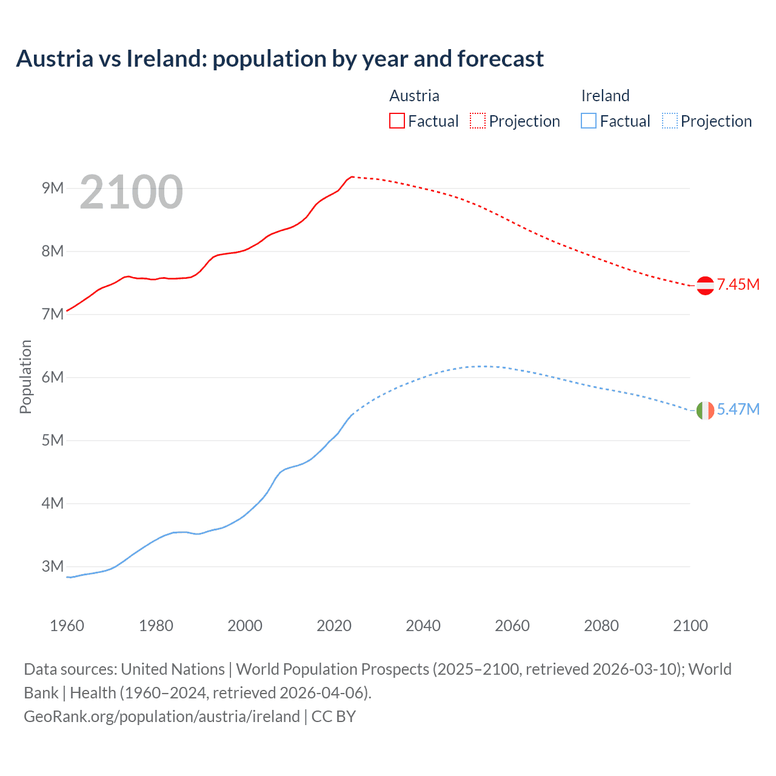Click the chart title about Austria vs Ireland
(x=279, y=59)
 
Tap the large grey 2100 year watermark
(x=131, y=192)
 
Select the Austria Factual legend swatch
(x=396, y=121)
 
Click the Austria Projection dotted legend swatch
(x=478, y=121)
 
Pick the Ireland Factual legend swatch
(x=588, y=121)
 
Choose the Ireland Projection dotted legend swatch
(x=669, y=121)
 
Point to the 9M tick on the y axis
(x=53, y=188)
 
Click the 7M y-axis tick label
(x=53, y=314)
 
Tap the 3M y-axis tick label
(x=53, y=566)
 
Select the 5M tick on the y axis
(x=53, y=440)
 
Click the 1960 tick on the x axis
(x=67, y=626)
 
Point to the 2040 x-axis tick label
(x=423, y=626)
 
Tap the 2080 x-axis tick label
(x=601, y=626)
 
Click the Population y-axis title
(x=25, y=376)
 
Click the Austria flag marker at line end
(x=705, y=285)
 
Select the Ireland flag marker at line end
(x=705, y=410)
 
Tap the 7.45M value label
(x=738, y=284)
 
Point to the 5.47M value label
(x=738, y=410)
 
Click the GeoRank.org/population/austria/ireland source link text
(x=162, y=717)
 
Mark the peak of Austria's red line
(x=352, y=177)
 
